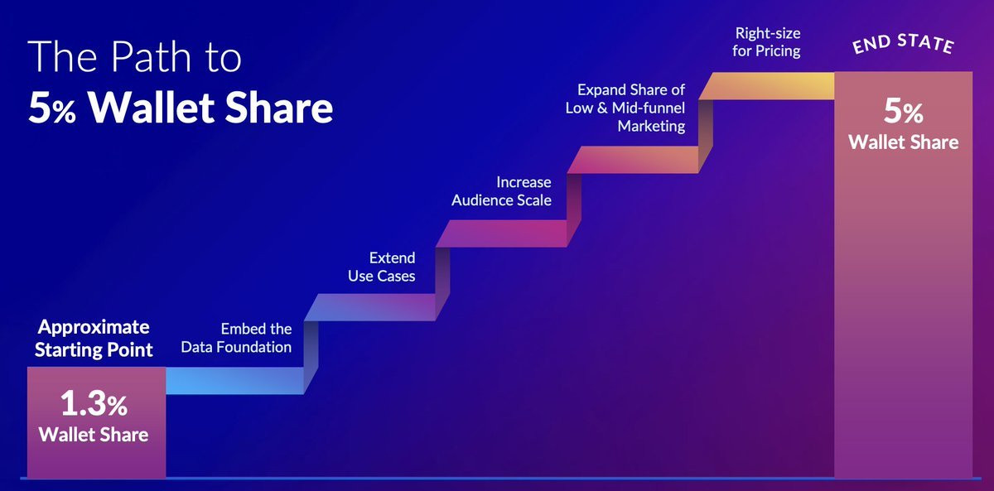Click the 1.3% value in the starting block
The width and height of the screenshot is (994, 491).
94,403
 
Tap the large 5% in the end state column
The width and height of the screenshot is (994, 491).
903,111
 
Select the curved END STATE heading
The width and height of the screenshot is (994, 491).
904,44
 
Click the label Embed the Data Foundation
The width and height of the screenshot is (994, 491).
236,338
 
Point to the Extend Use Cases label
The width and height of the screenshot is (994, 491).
382,267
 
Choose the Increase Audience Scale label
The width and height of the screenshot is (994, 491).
501,191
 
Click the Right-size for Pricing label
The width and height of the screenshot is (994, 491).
766,42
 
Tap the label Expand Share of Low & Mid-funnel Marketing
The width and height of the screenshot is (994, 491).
625,108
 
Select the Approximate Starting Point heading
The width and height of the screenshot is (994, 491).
94,339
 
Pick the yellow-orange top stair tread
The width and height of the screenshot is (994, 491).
766,86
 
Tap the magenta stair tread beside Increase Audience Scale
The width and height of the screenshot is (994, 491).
508,233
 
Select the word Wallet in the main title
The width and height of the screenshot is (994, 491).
151,108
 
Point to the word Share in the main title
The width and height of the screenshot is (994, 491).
278,108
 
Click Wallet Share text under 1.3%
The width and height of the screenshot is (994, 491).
94,435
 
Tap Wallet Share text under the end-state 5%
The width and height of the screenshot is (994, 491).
904,142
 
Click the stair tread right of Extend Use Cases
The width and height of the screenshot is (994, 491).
377,307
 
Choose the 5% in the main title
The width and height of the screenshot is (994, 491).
52,108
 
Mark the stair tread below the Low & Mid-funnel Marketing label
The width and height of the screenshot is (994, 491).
639,160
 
